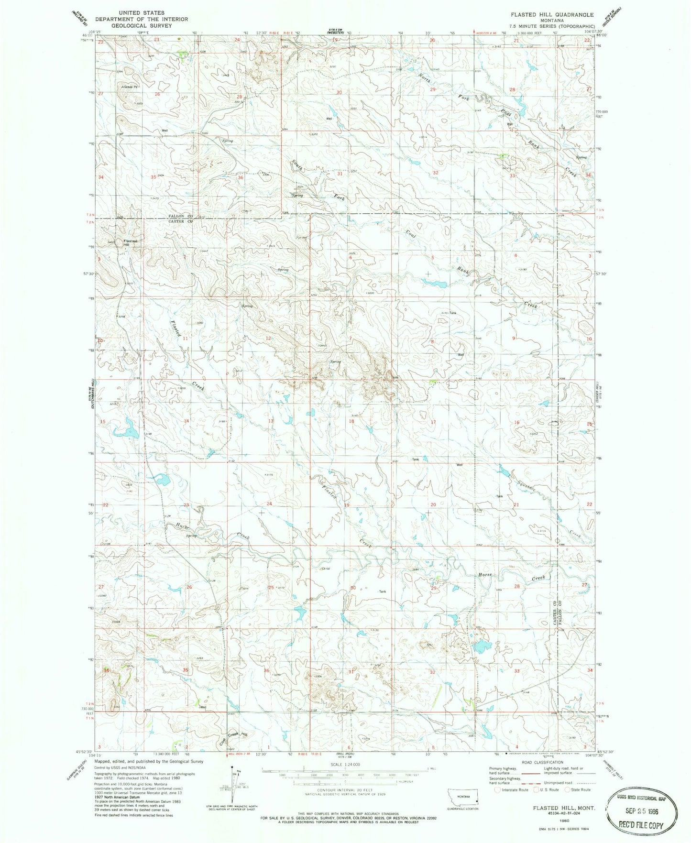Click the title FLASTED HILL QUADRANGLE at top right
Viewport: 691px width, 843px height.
coord(552,15)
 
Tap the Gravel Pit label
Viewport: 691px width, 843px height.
coord(131,87)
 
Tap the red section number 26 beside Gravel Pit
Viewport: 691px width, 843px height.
coord(157,94)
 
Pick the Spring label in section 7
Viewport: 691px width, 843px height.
coord(335,362)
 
